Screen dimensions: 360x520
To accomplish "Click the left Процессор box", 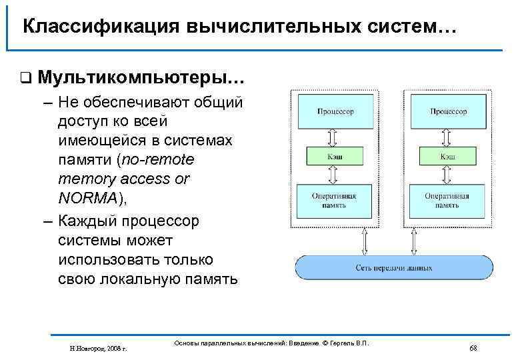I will pos(335,111).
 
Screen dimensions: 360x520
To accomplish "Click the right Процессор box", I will pos(447,111).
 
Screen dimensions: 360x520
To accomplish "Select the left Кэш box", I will pos(335,156).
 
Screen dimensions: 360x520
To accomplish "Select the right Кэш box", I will pos(447,156).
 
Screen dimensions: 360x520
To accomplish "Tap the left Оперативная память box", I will pos(335,201).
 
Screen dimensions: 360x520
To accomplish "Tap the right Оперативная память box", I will pos(447,201).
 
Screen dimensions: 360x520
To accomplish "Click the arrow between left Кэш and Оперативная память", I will pos(335,175).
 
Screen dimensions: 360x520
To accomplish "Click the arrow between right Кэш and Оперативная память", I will pos(447,175).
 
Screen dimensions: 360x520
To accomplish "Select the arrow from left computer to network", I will pos(364,241).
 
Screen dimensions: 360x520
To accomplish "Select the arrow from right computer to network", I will pos(414,241).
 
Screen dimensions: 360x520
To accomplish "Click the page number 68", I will pos(473,348).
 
